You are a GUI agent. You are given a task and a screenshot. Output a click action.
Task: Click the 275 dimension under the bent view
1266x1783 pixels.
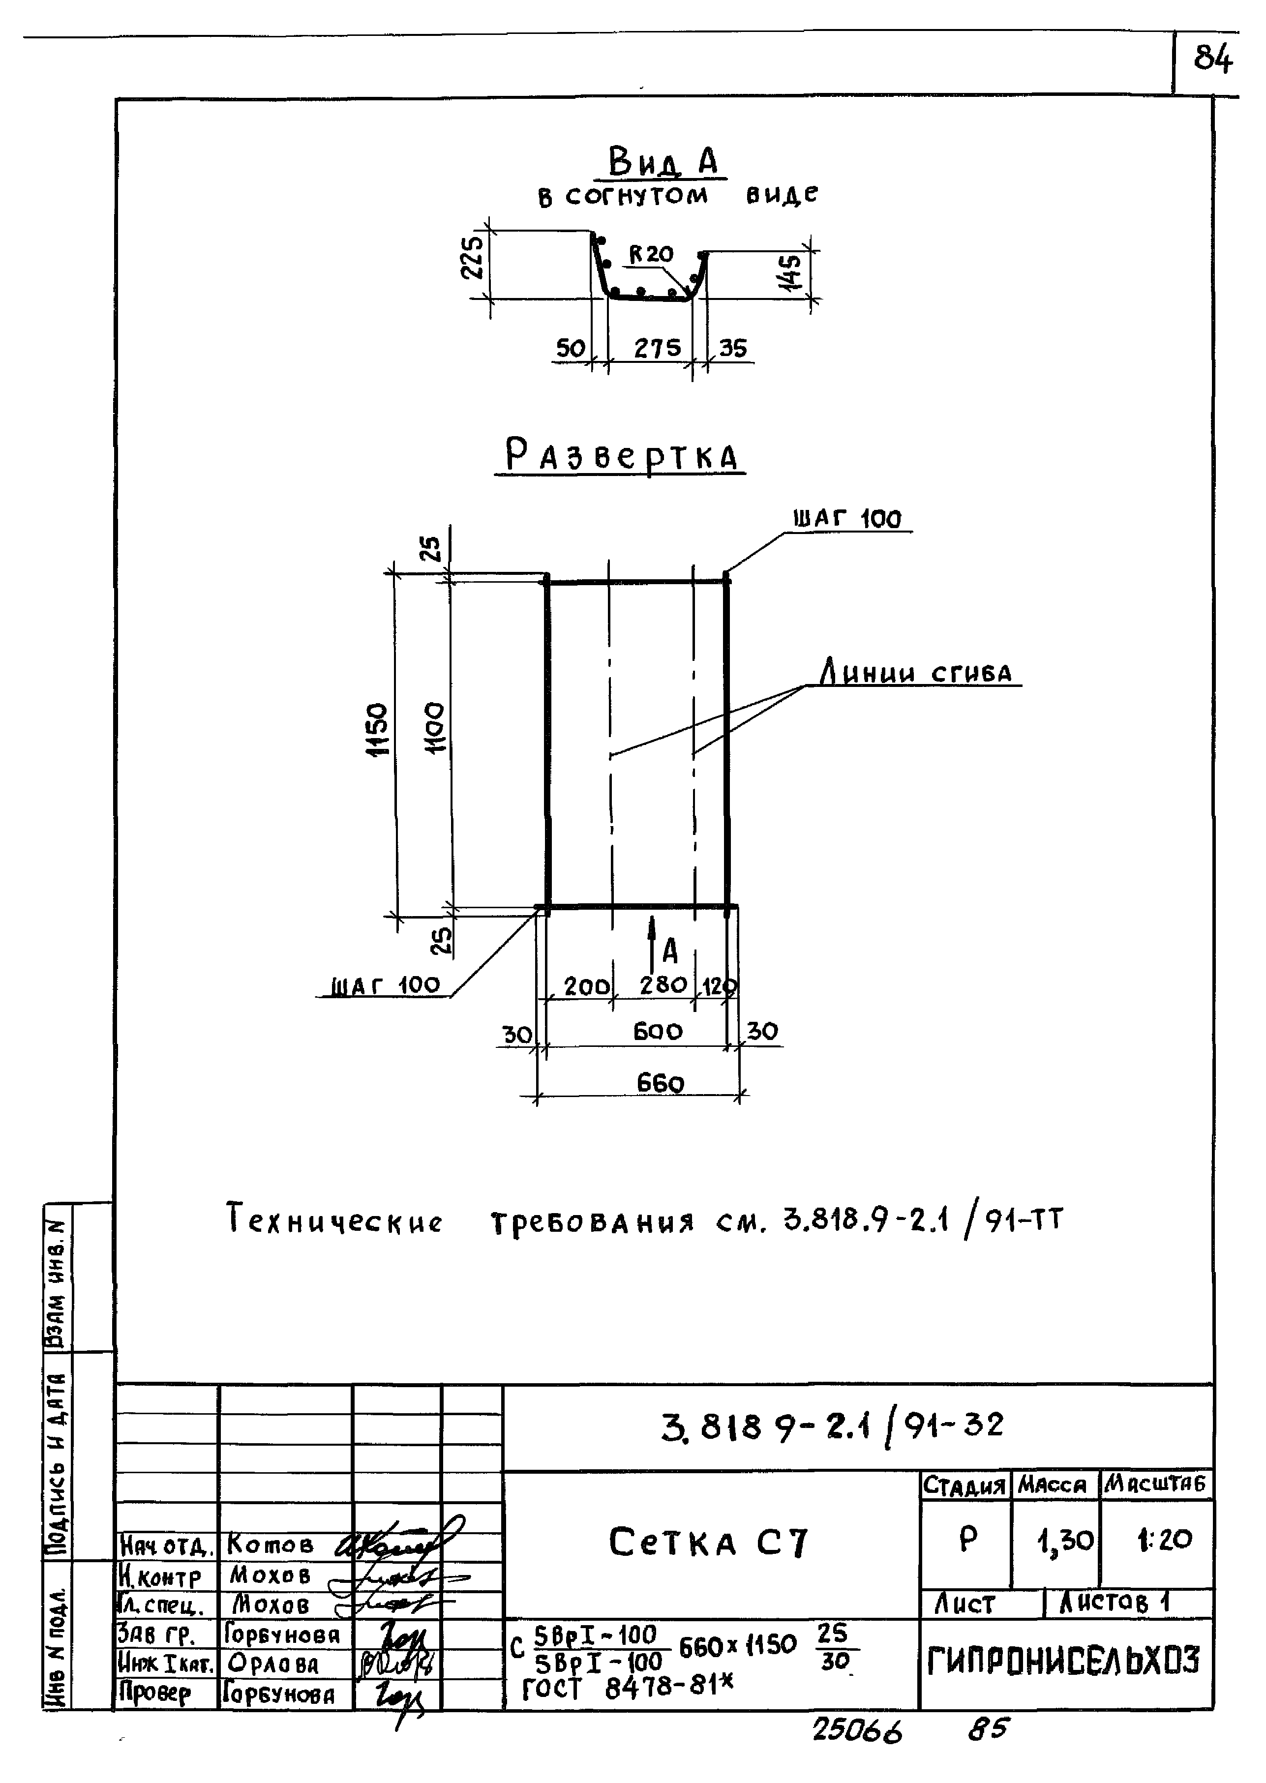(657, 348)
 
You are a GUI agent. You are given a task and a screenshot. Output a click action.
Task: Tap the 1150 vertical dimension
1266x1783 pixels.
(377, 730)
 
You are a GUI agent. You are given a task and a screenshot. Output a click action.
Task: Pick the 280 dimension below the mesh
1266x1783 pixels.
(663, 985)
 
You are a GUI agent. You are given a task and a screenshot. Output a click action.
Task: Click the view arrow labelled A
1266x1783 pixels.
(653, 945)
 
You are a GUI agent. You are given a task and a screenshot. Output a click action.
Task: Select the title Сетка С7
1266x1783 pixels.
(709, 1542)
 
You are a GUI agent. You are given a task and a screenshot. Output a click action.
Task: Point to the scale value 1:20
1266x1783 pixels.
(1164, 1539)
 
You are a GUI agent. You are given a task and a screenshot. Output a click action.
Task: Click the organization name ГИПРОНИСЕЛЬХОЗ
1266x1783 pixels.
(1064, 1662)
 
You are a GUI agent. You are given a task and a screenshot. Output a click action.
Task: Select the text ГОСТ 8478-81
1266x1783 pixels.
(628, 1688)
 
